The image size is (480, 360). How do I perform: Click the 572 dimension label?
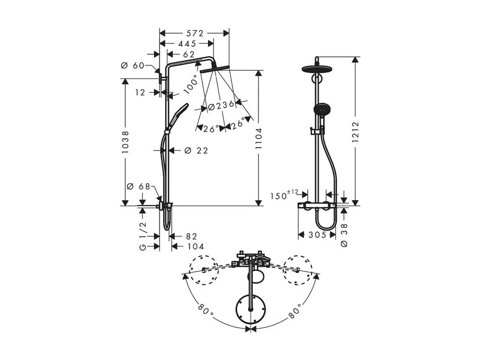click(x=195, y=33)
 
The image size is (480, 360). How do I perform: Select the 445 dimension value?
click(x=187, y=44)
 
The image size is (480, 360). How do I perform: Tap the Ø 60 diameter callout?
click(x=132, y=65)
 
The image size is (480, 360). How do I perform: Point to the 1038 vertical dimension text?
click(x=125, y=142)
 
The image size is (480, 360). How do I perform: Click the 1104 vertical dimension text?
click(x=258, y=138)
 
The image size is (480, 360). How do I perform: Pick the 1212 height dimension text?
click(x=355, y=132)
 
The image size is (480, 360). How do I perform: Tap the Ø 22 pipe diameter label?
click(x=196, y=150)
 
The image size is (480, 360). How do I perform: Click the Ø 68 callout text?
click(x=138, y=186)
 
